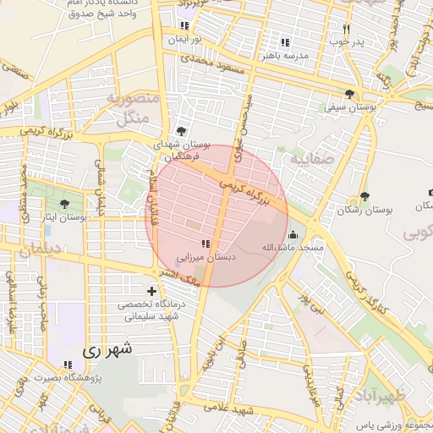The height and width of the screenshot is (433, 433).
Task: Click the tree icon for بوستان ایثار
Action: click(x=65, y=204)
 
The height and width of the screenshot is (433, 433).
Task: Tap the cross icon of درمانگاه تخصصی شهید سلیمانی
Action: click(x=151, y=292)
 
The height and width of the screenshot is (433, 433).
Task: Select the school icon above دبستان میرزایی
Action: click(x=206, y=244)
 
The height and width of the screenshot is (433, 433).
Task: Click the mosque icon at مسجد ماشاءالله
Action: click(x=293, y=235)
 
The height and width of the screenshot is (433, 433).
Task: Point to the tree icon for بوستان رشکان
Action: click(x=364, y=196)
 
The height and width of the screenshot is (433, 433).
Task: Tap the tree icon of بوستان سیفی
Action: click(x=350, y=94)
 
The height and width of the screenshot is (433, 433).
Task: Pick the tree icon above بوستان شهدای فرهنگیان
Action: click(x=180, y=132)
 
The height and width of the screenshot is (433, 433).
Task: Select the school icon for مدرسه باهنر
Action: click(x=285, y=42)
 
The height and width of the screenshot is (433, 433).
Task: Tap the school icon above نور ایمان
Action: click(x=184, y=26)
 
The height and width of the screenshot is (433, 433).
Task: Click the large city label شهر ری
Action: click(x=103, y=348)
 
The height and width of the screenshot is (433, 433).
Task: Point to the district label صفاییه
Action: click(x=311, y=158)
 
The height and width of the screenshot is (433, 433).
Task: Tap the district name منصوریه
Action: click(x=131, y=99)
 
